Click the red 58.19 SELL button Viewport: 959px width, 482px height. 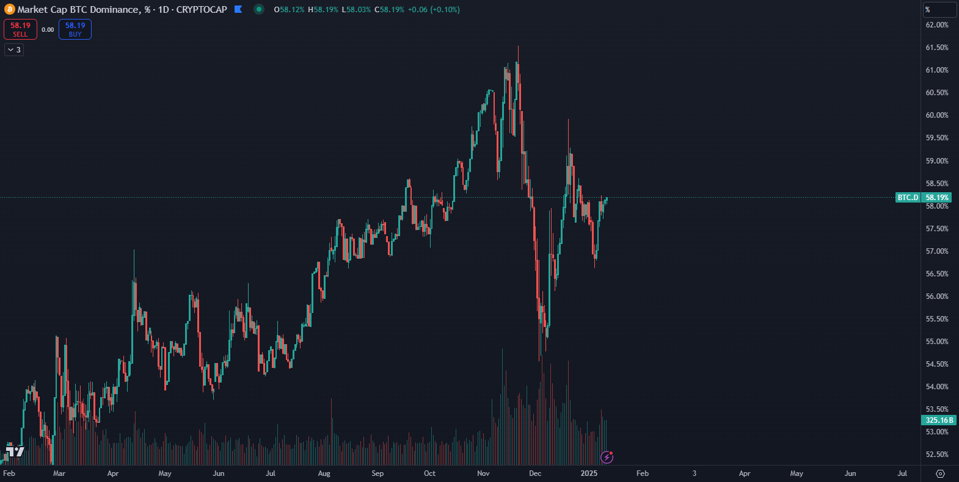20,29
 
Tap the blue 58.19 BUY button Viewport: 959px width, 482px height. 75,29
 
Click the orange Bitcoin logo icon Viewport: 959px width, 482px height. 9,10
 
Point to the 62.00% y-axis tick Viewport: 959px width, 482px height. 937,25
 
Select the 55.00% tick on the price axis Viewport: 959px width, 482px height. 937,342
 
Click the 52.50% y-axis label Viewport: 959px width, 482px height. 937,455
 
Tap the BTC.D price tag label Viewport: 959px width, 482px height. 908,198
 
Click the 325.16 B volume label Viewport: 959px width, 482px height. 939,420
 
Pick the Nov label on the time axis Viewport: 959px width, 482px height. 483,473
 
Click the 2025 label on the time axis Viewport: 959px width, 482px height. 589,473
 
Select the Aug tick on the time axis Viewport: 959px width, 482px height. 324,473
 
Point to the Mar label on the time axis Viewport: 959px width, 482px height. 59,473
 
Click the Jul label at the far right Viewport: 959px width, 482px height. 902,473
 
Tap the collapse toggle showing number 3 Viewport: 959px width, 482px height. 14,50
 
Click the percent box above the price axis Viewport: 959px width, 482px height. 939,10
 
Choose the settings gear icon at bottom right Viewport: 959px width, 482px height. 940,473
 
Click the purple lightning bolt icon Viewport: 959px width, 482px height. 607,457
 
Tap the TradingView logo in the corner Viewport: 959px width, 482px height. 15,451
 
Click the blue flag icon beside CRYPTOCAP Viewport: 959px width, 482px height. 238,10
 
